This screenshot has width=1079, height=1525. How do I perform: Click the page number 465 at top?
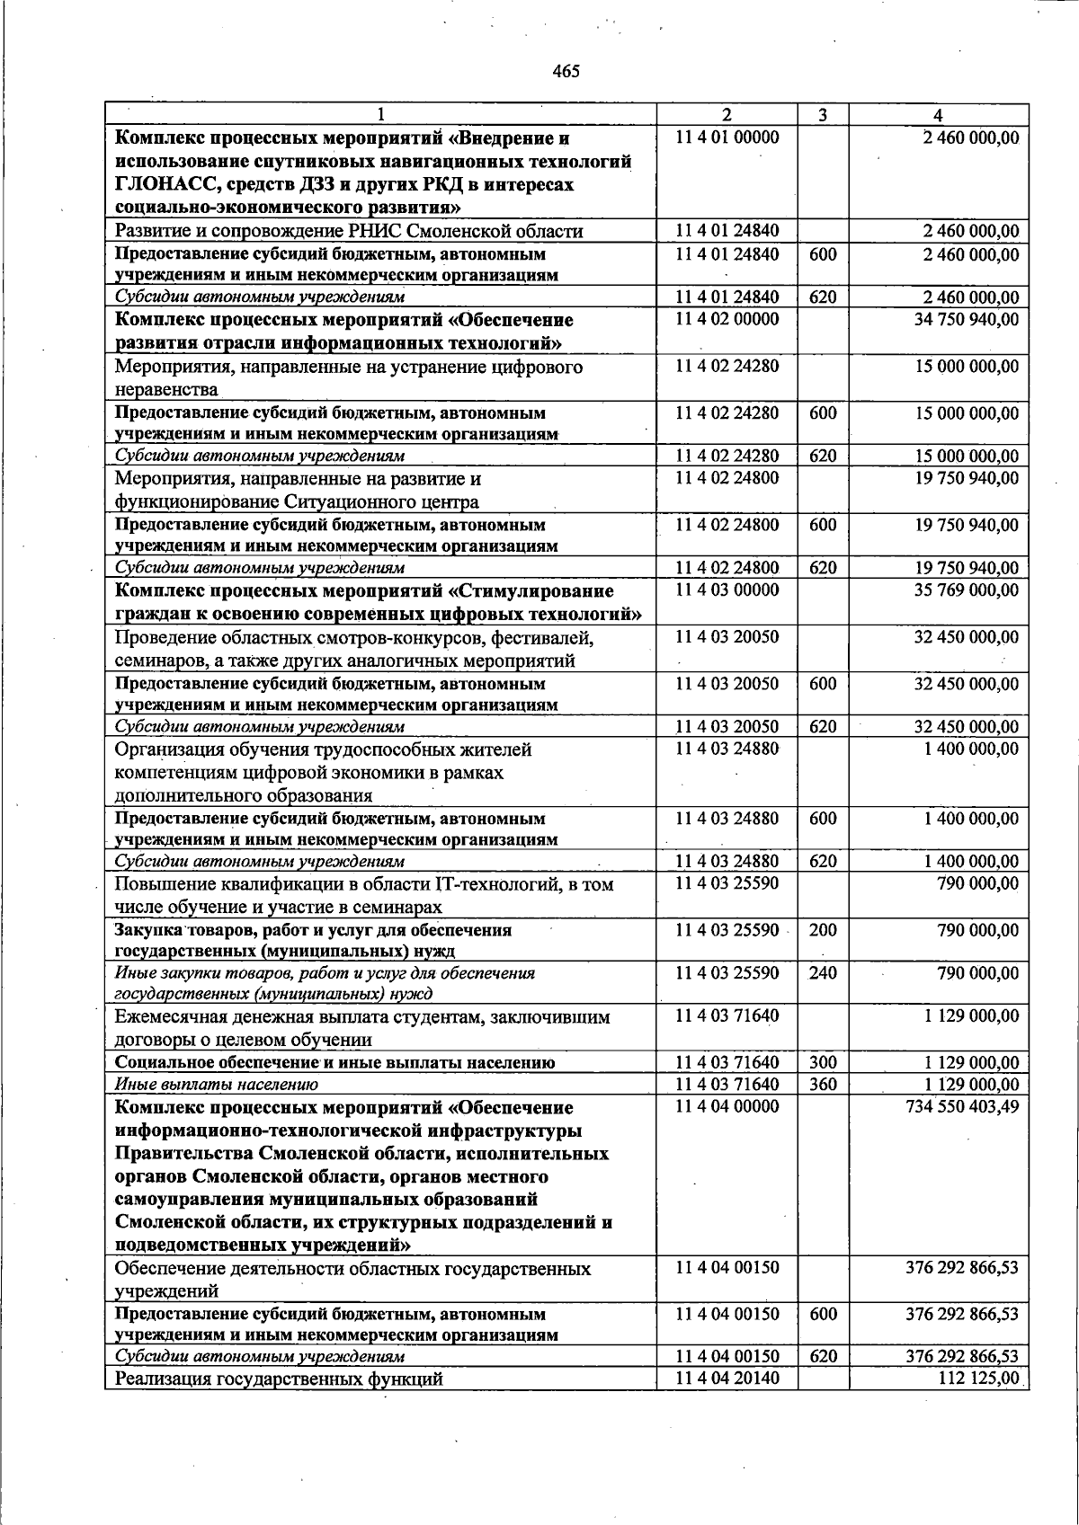point(566,71)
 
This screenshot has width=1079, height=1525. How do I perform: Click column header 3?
point(823,115)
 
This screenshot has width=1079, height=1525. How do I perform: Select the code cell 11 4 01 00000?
point(727,137)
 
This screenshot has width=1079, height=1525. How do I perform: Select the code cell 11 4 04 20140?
point(727,1379)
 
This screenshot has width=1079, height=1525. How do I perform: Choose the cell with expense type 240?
point(823,972)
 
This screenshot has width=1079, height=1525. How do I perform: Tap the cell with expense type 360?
point(823,1084)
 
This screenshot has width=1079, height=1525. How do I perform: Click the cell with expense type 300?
point(823,1062)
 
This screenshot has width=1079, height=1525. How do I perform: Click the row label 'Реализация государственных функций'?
point(279,1379)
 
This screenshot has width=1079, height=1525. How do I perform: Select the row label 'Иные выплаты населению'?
point(217,1085)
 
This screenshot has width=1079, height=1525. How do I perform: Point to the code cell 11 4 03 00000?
point(727,590)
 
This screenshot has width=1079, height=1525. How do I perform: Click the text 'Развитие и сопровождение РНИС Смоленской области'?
point(349,231)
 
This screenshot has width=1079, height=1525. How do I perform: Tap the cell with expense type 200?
point(823,930)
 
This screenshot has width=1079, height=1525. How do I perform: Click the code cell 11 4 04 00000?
point(727,1106)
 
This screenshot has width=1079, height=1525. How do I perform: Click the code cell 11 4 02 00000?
point(727,319)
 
